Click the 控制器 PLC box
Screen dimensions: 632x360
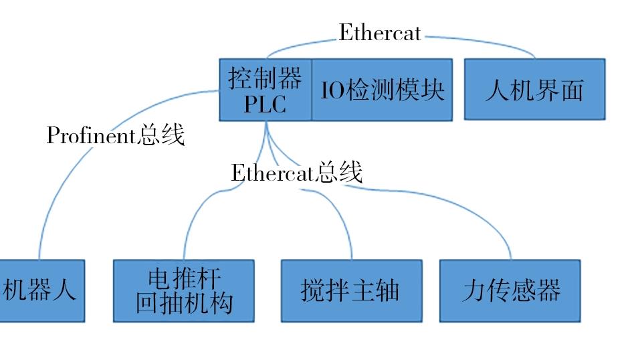(x=266, y=90)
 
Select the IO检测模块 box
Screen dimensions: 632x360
(x=382, y=90)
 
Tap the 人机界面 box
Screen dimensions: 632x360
(x=535, y=89)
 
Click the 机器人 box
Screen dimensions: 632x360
(x=42, y=290)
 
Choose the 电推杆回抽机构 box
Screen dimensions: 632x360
(x=184, y=290)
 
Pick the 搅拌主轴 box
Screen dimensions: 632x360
(x=352, y=290)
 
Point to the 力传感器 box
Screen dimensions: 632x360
(x=510, y=290)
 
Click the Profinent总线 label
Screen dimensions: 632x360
(x=116, y=135)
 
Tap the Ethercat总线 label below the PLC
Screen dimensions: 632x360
(x=297, y=173)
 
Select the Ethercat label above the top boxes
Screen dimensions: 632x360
(x=380, y=32)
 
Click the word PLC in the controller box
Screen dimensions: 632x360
(x=266, y=104)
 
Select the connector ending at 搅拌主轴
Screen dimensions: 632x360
(x=322, y=193)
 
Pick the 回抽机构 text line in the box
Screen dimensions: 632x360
(x=184, y=303)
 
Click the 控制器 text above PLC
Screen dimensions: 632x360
(x=265, y=78)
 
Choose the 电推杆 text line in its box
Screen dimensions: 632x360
(x=184, y=278)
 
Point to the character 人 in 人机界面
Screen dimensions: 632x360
(x=497, y=90)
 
